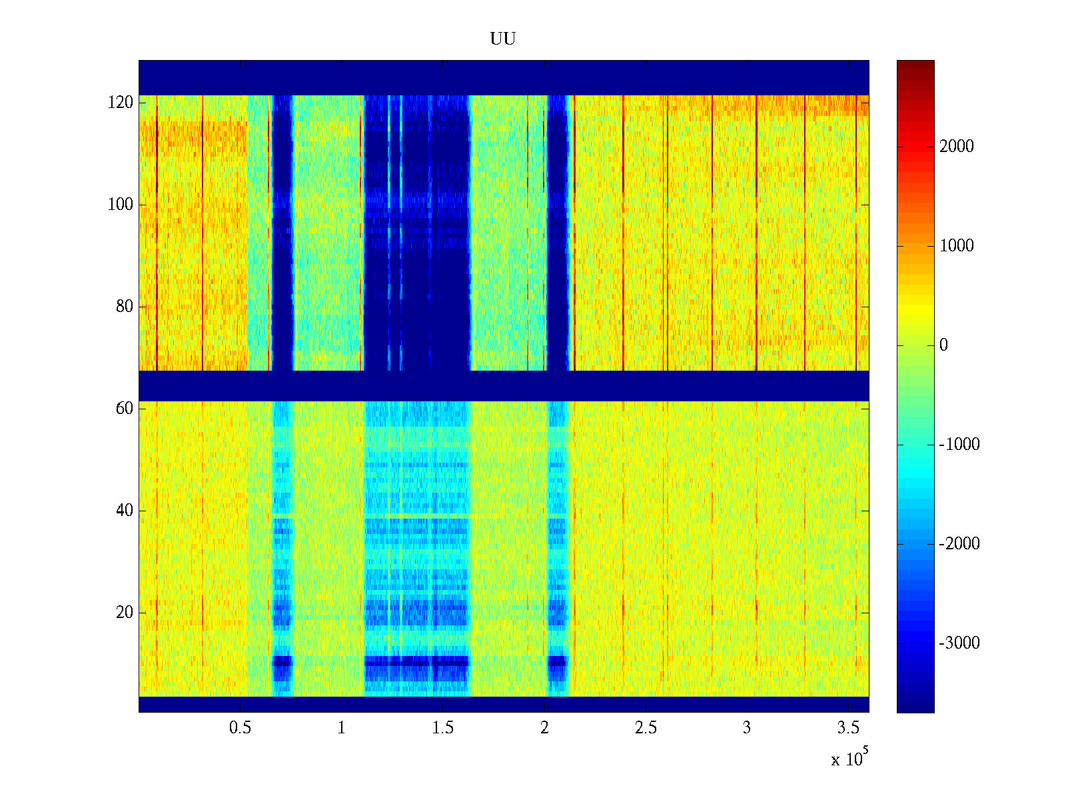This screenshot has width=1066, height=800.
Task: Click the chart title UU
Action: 503,39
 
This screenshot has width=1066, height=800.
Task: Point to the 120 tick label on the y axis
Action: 121,103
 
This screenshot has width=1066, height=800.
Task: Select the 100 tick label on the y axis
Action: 121,205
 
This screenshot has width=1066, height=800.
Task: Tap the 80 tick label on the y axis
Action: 125,307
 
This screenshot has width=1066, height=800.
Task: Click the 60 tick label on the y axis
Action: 125,409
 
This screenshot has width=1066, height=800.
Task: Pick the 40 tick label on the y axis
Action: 125,511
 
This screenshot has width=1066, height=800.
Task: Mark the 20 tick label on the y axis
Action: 125,613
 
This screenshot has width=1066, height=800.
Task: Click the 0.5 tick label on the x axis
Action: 240,728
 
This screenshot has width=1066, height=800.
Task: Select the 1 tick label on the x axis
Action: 341,728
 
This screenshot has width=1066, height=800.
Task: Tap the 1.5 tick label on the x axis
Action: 442,728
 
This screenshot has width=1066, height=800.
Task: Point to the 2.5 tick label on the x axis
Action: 646,728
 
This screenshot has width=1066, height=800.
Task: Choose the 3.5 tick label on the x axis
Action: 848,728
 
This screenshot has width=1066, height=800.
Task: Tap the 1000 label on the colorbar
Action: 956,246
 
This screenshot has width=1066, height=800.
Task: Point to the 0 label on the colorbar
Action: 943,345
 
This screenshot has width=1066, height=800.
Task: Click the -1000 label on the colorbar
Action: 959,445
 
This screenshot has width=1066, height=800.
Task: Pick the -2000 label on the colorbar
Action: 959,544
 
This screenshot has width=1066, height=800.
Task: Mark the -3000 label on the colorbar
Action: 959,643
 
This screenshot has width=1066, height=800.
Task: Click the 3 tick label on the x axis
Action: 747,728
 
